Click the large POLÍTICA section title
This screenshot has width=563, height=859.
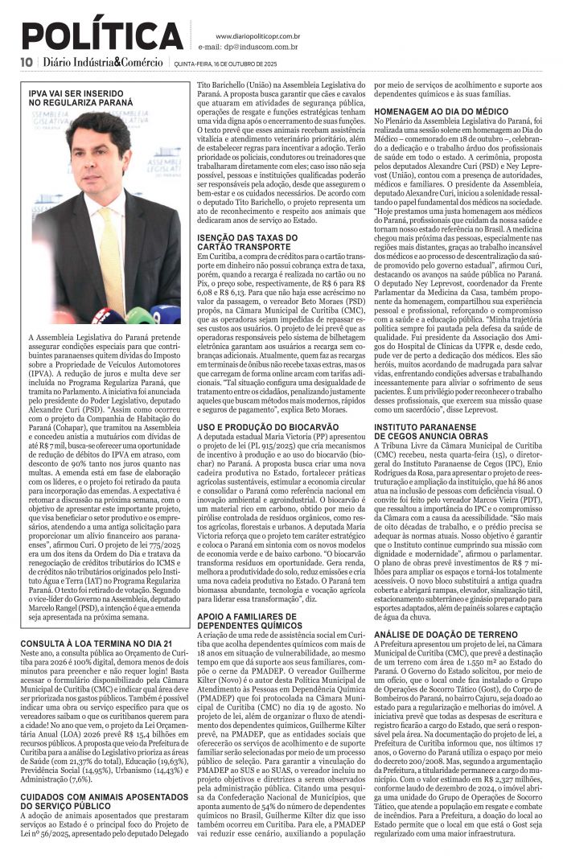tap(102, 36)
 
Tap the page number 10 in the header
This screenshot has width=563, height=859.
tap(27, 63)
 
